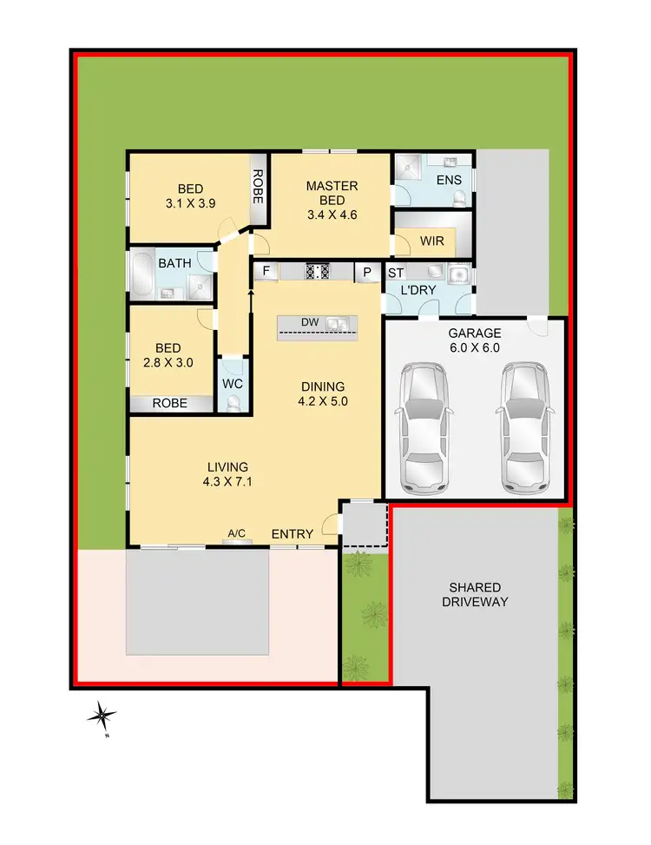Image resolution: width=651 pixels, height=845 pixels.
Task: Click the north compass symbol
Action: [102, 716]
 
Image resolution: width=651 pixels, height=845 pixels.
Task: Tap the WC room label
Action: [232, 383]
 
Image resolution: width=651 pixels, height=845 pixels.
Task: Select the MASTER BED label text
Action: [332, 194]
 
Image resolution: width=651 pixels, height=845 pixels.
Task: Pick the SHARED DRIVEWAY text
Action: [473, 594]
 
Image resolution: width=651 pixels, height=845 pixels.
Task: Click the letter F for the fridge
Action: [266, 272]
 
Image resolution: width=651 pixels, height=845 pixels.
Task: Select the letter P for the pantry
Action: [367, 272]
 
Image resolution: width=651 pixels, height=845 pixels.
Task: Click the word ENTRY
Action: [292, 534]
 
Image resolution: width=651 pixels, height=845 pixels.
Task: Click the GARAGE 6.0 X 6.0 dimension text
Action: [475, 347]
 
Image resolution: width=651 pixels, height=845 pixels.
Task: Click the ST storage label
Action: [396, 272]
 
